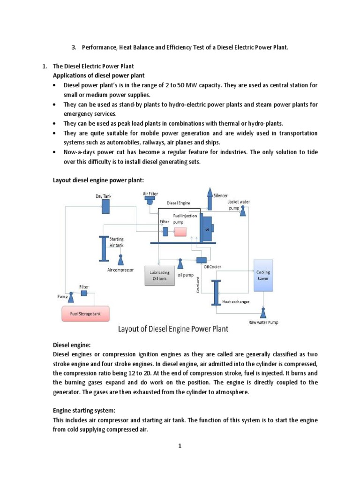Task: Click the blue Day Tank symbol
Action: coord(106,205)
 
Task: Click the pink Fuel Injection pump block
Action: coord(180,232)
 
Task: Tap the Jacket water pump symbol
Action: coord(243,212)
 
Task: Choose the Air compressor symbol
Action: coord(121,260)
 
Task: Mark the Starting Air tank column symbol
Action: coord(103,248)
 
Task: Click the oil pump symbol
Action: coord(180,264)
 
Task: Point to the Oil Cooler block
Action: coord(202,260)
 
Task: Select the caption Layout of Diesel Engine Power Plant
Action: coord(172,329)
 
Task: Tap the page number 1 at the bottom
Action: coord(179,446)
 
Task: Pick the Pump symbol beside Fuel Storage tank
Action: coord(72,296)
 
